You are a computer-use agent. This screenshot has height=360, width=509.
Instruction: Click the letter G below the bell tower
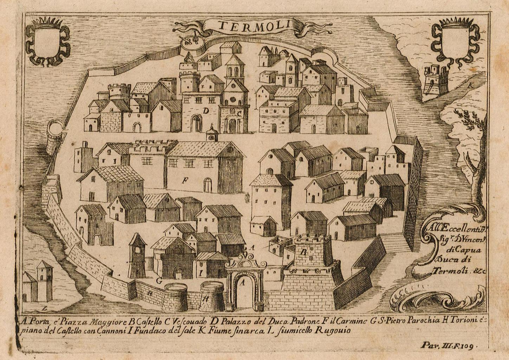[159, 281]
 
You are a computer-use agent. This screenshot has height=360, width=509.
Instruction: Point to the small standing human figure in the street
[247, 197]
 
